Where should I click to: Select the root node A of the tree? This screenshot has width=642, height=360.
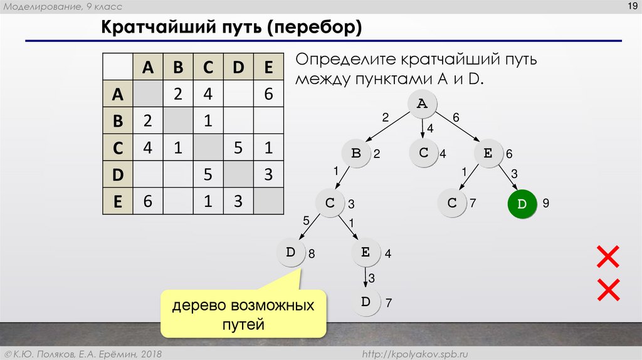coord(423,105)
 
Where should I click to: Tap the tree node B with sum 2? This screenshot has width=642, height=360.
coord(357,154)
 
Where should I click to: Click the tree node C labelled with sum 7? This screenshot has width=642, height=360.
coord(452,204)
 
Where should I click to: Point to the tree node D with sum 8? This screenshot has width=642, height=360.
coord(291,253)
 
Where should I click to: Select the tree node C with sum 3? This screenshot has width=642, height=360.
coord(330,203)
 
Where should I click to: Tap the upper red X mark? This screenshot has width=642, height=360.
coord(608,257)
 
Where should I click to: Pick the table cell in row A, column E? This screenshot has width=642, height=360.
coord(269,94)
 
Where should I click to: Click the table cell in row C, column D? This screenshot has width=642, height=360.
coord(238,148)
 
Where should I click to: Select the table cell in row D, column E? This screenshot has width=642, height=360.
coord(269,175)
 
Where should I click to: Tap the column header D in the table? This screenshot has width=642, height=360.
coord(238,68)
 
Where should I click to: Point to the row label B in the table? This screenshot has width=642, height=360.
coord(117,121)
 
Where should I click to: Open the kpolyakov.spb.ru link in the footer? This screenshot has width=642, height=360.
coord(416,354)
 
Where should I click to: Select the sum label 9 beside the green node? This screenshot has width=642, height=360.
coord(546,204)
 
